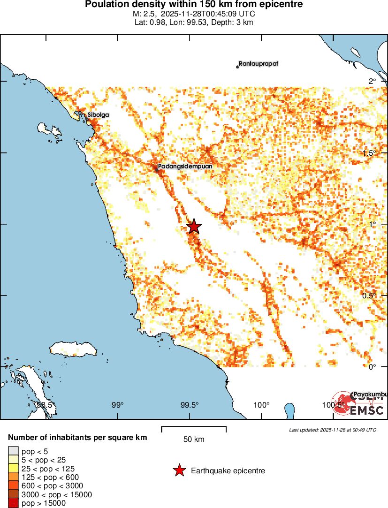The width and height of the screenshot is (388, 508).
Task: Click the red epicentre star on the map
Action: (194, 226)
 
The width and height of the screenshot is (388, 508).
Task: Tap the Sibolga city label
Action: (98, 114)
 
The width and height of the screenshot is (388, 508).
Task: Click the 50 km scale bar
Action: (194, 429)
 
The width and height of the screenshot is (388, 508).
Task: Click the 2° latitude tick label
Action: (372, 82)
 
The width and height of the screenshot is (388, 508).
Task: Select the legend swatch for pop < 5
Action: (13, 451)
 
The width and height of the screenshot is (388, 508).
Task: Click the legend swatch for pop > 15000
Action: (13, 503)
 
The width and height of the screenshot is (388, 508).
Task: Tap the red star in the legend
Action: (179, 470)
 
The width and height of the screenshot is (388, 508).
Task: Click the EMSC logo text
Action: (366, 410)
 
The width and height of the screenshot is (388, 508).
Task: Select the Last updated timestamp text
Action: (332, 430)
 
